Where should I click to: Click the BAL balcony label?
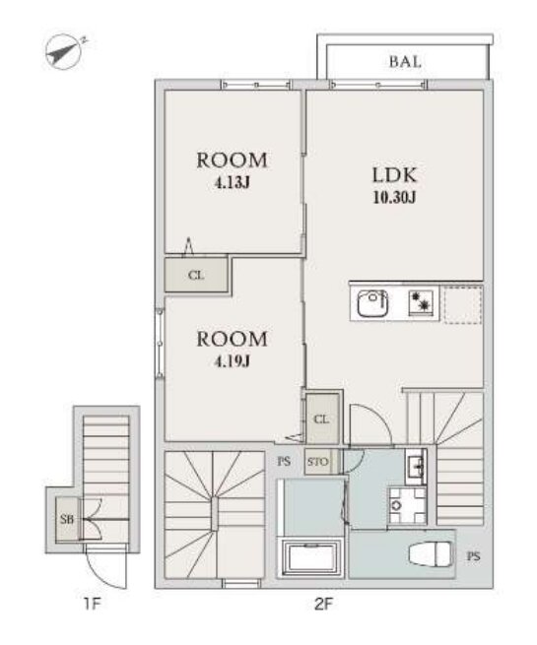click(405, 62)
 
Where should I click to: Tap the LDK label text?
click(395, 175)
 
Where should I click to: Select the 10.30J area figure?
click(394, 198)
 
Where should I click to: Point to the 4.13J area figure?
click(233, 182)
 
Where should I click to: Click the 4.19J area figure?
click(233, 361)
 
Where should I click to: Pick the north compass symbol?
click(64, 51)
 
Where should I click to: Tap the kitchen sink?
click(372, 303)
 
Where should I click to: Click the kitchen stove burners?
click(421, 303)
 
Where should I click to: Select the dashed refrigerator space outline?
click(463, 304)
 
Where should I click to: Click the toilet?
click(431, 553)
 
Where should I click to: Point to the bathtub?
click(310, 557)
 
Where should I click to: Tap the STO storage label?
click(317, 462)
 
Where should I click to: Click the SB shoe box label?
click(67, 520)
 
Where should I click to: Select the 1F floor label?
click(92, 604)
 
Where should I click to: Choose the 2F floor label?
click(323, 604)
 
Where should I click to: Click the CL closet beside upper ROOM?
click(196, 275)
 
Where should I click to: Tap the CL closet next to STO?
click(322, 419)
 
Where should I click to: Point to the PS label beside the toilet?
click(473, 556)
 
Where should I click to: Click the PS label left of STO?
click(284, 462)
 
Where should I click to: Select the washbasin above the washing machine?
click(416, 467)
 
